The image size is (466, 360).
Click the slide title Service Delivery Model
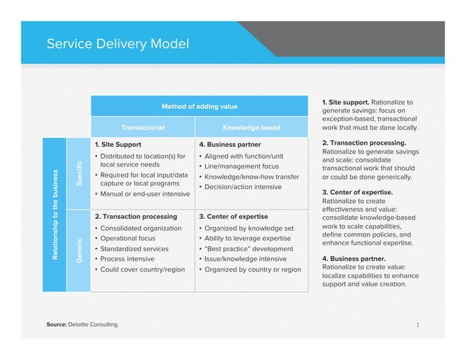(x=118, y=43)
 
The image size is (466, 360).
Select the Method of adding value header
(x=199, y=107)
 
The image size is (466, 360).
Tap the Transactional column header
(x=142, y=128)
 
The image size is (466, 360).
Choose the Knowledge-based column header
(x=251, y=128)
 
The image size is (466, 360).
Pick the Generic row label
(x=77, y=250)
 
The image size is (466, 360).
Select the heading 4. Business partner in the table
(x=231, y=145)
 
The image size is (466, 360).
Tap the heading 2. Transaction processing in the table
(x=136, y=217)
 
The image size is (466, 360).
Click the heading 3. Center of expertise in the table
(x=234, y=217)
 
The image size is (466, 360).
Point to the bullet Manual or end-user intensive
(x=145, y=194)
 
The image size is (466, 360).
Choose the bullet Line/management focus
(x=241, y=166)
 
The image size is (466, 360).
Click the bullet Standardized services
(x=134, y=249)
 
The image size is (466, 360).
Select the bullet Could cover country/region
(x=142, y=269)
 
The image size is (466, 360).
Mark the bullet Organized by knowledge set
(x=249, y=229)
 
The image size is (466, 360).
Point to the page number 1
(x=417, y=323)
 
